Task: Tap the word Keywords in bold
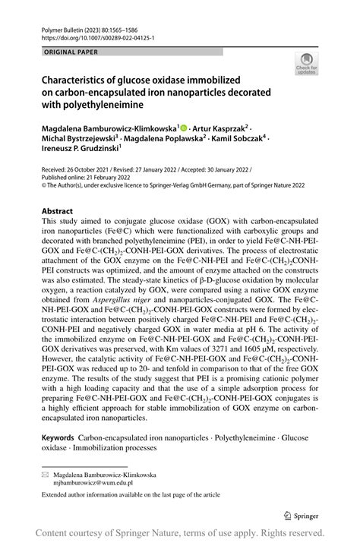57,438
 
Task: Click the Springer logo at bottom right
308,513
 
